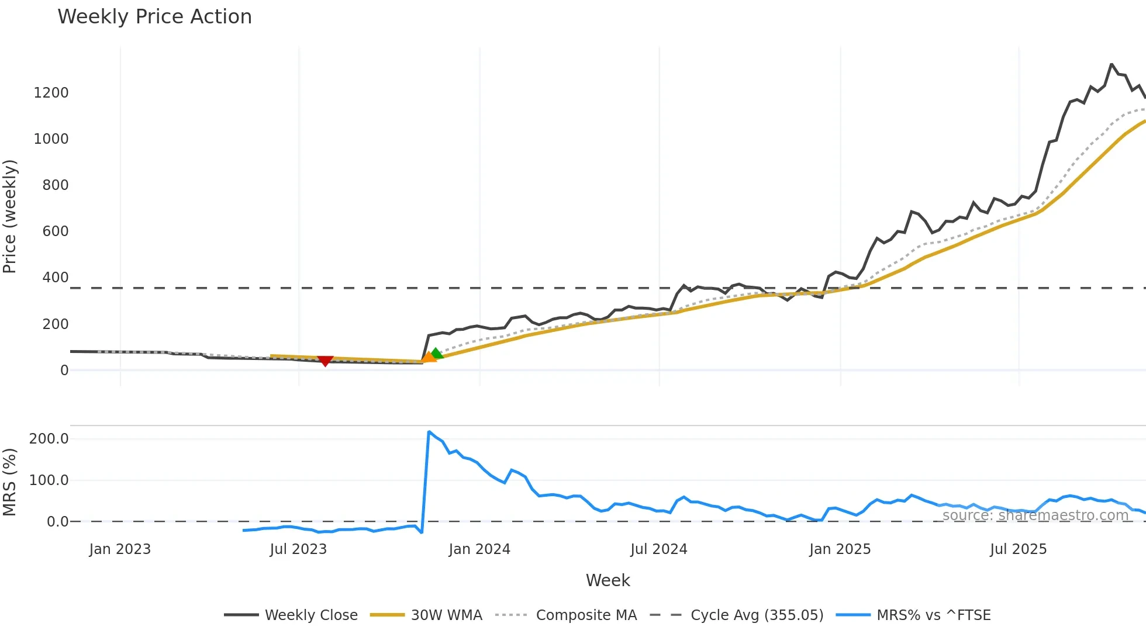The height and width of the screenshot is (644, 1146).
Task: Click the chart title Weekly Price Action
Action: [154, 17]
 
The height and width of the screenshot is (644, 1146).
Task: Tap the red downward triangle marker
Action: [325, 361]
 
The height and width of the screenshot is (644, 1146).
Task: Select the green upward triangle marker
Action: [436, 353]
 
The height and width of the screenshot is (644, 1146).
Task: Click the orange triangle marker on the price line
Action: [429, 356]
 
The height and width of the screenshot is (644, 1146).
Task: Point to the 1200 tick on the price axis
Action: [51, 93]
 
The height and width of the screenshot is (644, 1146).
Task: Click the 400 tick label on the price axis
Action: [56, 278]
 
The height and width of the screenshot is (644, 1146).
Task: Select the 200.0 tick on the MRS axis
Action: [49, 439]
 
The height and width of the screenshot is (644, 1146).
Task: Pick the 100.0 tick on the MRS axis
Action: [49, 480]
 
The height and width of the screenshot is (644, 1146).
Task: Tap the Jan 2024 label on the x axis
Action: [479, 549]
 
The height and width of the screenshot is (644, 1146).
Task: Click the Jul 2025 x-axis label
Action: [1018, 549]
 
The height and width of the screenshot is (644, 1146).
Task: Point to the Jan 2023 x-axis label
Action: [120, 549]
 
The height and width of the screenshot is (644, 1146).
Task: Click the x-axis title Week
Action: [607, 580]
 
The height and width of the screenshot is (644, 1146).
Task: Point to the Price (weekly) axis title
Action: [9, 216]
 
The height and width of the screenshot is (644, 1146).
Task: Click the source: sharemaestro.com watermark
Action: [1035, 515]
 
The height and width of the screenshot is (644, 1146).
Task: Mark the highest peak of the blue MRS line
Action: [429, 432]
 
